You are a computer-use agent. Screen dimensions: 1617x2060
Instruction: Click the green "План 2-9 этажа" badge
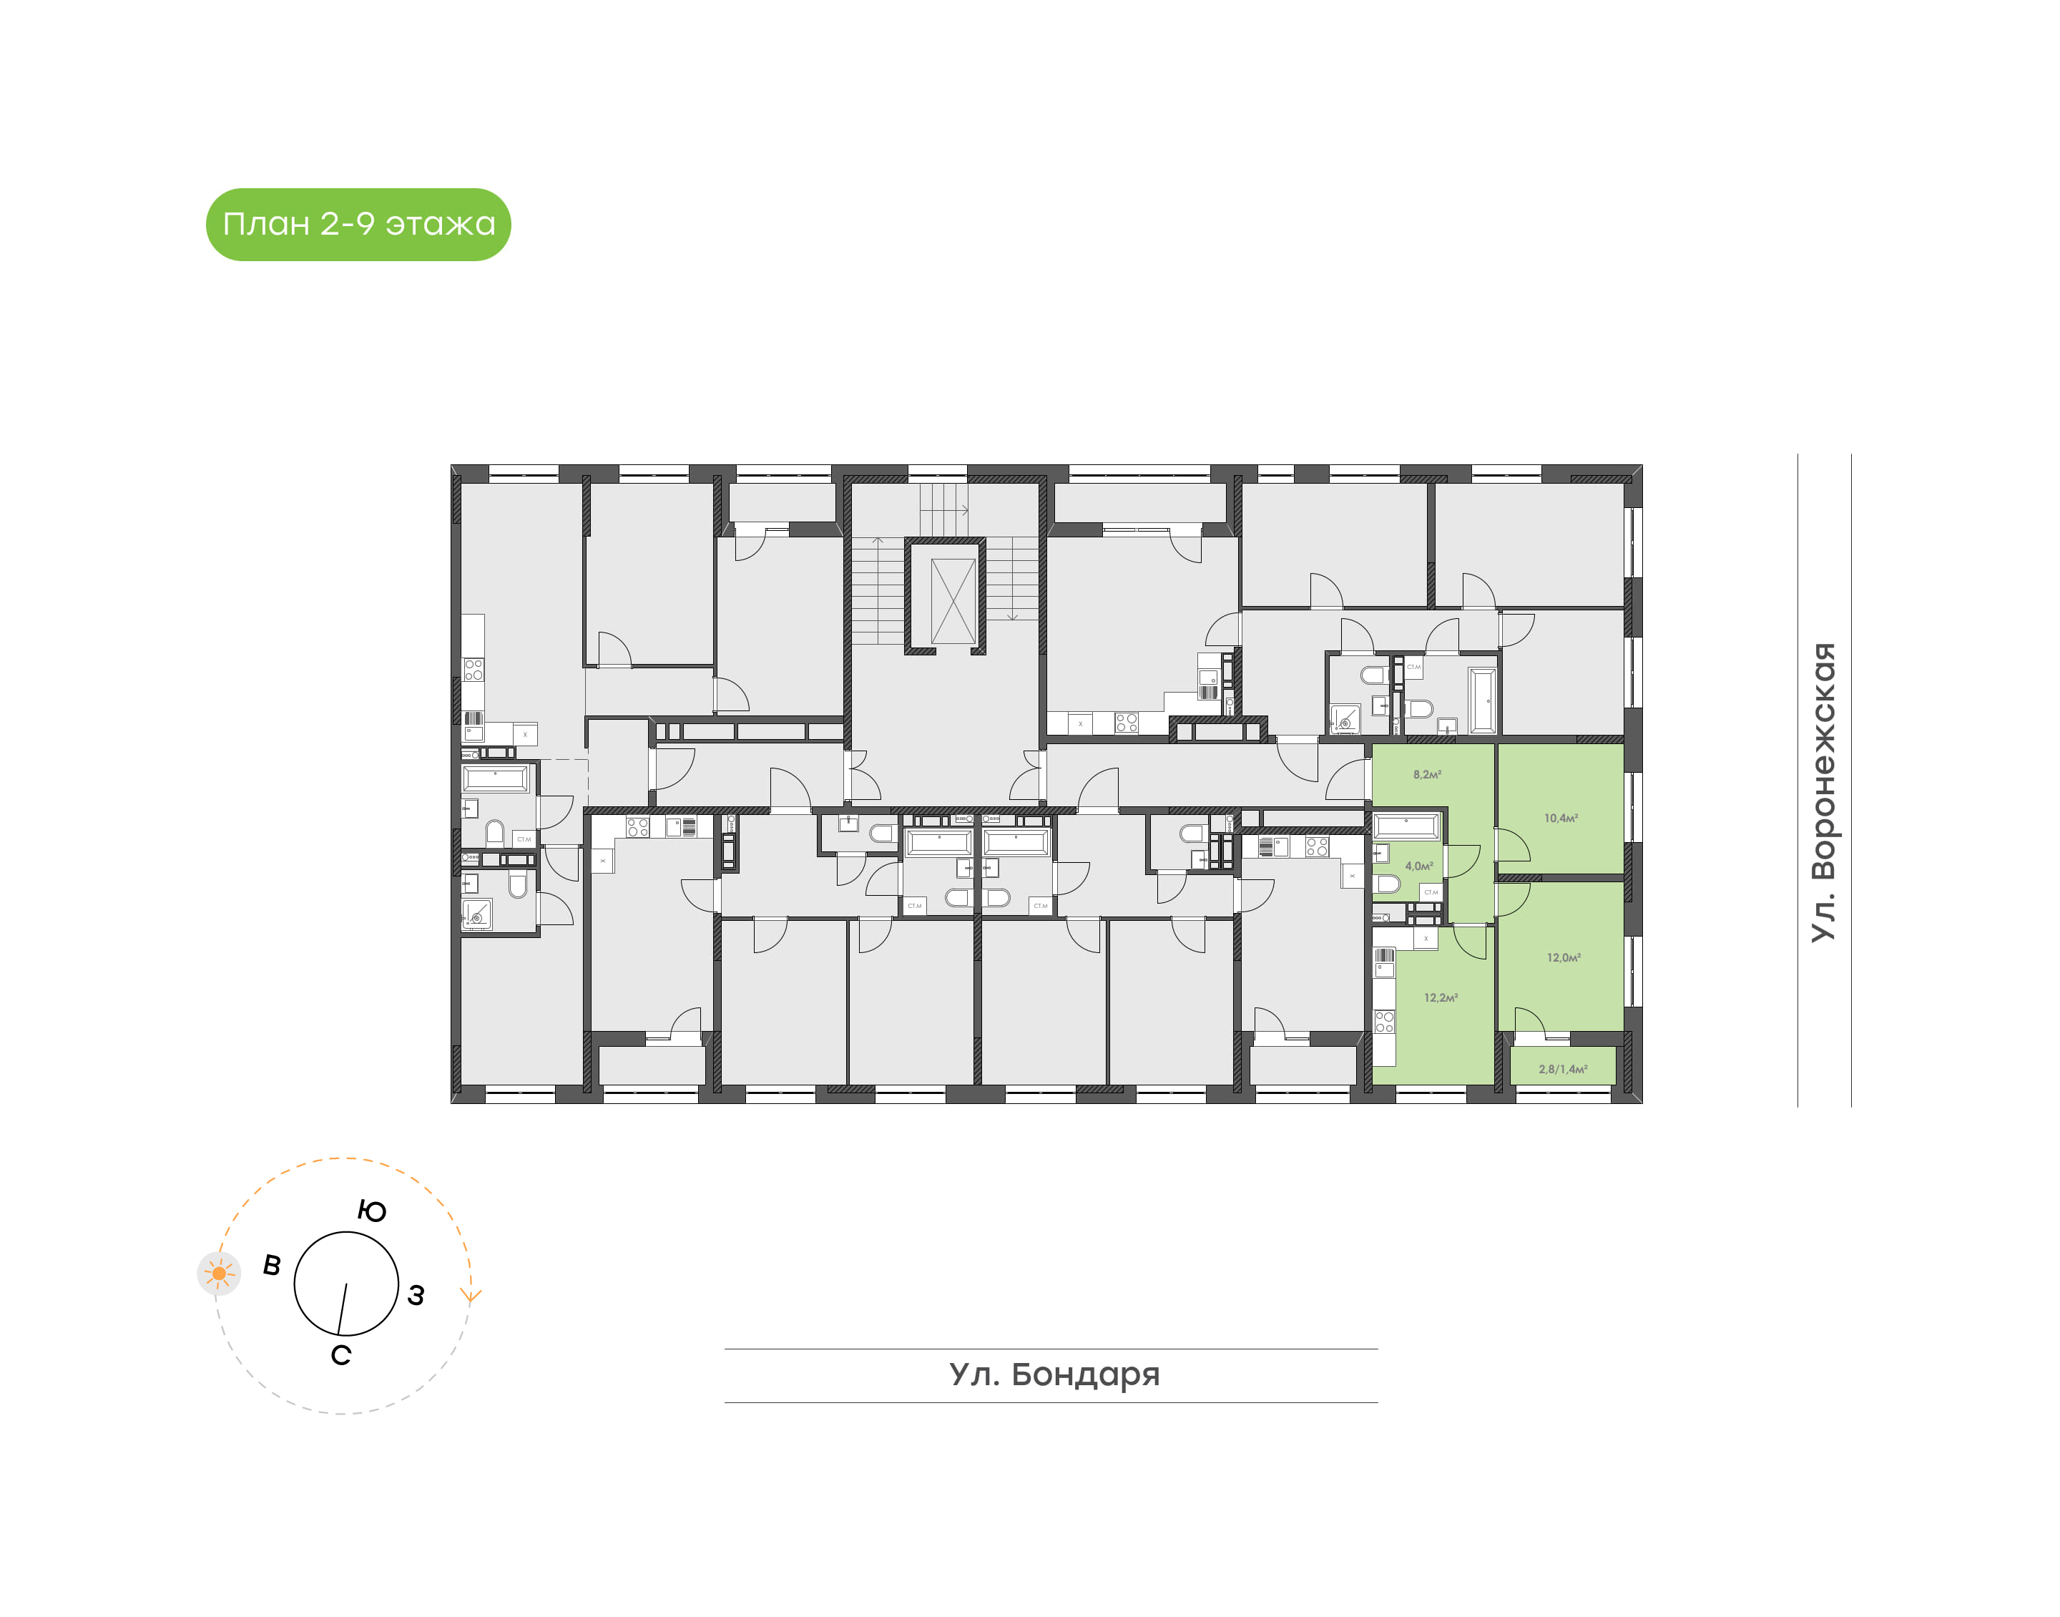(358, 225)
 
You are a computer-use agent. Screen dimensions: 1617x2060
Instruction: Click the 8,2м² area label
(1426, 774)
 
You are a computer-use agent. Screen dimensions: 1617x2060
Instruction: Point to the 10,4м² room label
(1560, 818)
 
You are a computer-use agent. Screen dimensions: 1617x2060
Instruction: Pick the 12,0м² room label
(1563, 957)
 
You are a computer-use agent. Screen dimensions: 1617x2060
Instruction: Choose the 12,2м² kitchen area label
(1440, 998)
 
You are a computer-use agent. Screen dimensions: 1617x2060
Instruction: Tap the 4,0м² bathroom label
(1418, 866)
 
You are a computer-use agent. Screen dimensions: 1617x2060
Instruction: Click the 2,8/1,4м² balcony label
(1562, 1069)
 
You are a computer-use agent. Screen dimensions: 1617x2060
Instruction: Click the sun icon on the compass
(219, 1274)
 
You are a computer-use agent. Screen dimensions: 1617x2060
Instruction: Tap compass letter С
(340, 1356)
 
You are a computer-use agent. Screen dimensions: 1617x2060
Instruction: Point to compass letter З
(416, 1295)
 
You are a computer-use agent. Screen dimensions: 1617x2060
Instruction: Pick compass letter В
(272, 1266)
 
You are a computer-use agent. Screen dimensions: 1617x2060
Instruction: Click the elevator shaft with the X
(952, 601)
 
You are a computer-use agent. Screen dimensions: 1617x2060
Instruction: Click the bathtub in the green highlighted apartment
(1406, 827)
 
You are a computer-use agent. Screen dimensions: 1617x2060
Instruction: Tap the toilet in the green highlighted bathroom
(1387, 884)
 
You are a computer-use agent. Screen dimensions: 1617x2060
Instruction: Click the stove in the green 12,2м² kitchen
(1384, 1022)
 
